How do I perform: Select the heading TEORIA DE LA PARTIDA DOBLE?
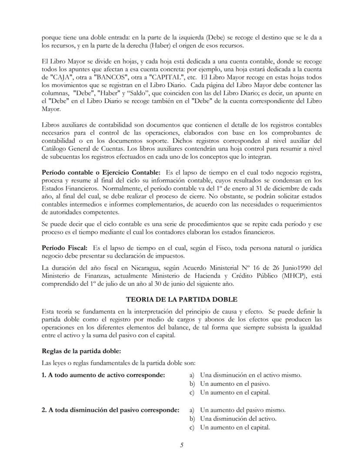tap(181, 299)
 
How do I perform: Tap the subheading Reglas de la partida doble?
tap(81, 351)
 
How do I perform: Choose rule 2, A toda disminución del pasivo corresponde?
tap(110, 410)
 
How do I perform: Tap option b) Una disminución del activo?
tap(238, 419)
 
